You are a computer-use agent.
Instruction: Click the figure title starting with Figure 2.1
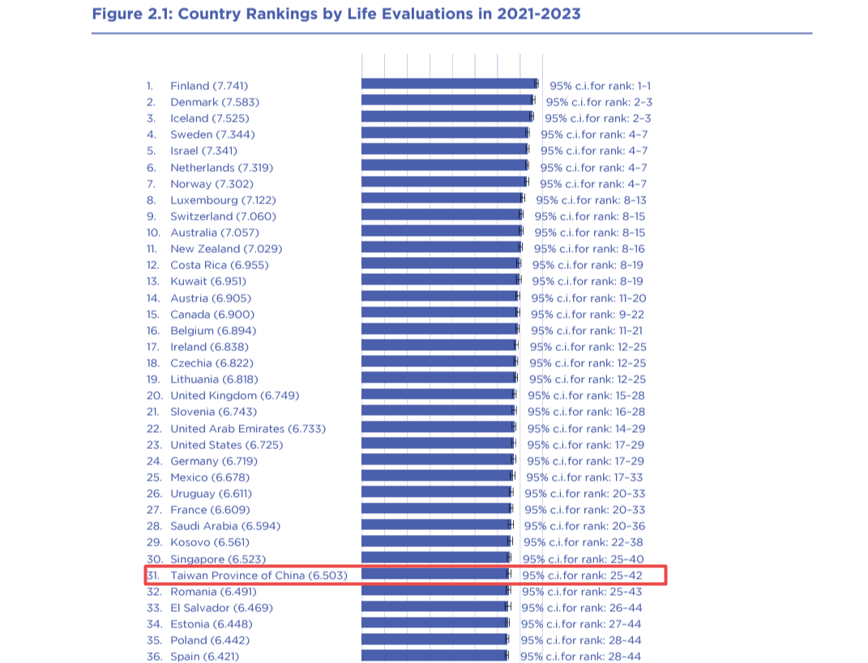click(x=336, y=14)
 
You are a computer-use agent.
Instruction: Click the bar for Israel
click(x=443, y=150)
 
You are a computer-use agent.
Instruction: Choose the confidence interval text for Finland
click(x=601, y=85)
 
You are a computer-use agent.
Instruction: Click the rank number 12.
click(x=152, y=265)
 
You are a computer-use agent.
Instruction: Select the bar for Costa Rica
click(x=439, y=263)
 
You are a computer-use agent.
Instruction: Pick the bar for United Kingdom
click(x=437, y=394)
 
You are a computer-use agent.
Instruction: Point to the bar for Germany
click(x=437, y=460)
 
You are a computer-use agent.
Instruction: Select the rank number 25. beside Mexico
click(x=154, y=477)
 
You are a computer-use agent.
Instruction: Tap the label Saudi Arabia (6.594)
click(x=224, y=526)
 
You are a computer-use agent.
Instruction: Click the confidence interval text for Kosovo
click(x=583, y=542)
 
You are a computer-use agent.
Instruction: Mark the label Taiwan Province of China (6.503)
click(x=259, y=575)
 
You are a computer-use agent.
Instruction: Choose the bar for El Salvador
click(x=434, y=606)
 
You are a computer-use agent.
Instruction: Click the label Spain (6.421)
click(x=204, y=657)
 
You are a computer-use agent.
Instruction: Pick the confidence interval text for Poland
click(x=580, y=640)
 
